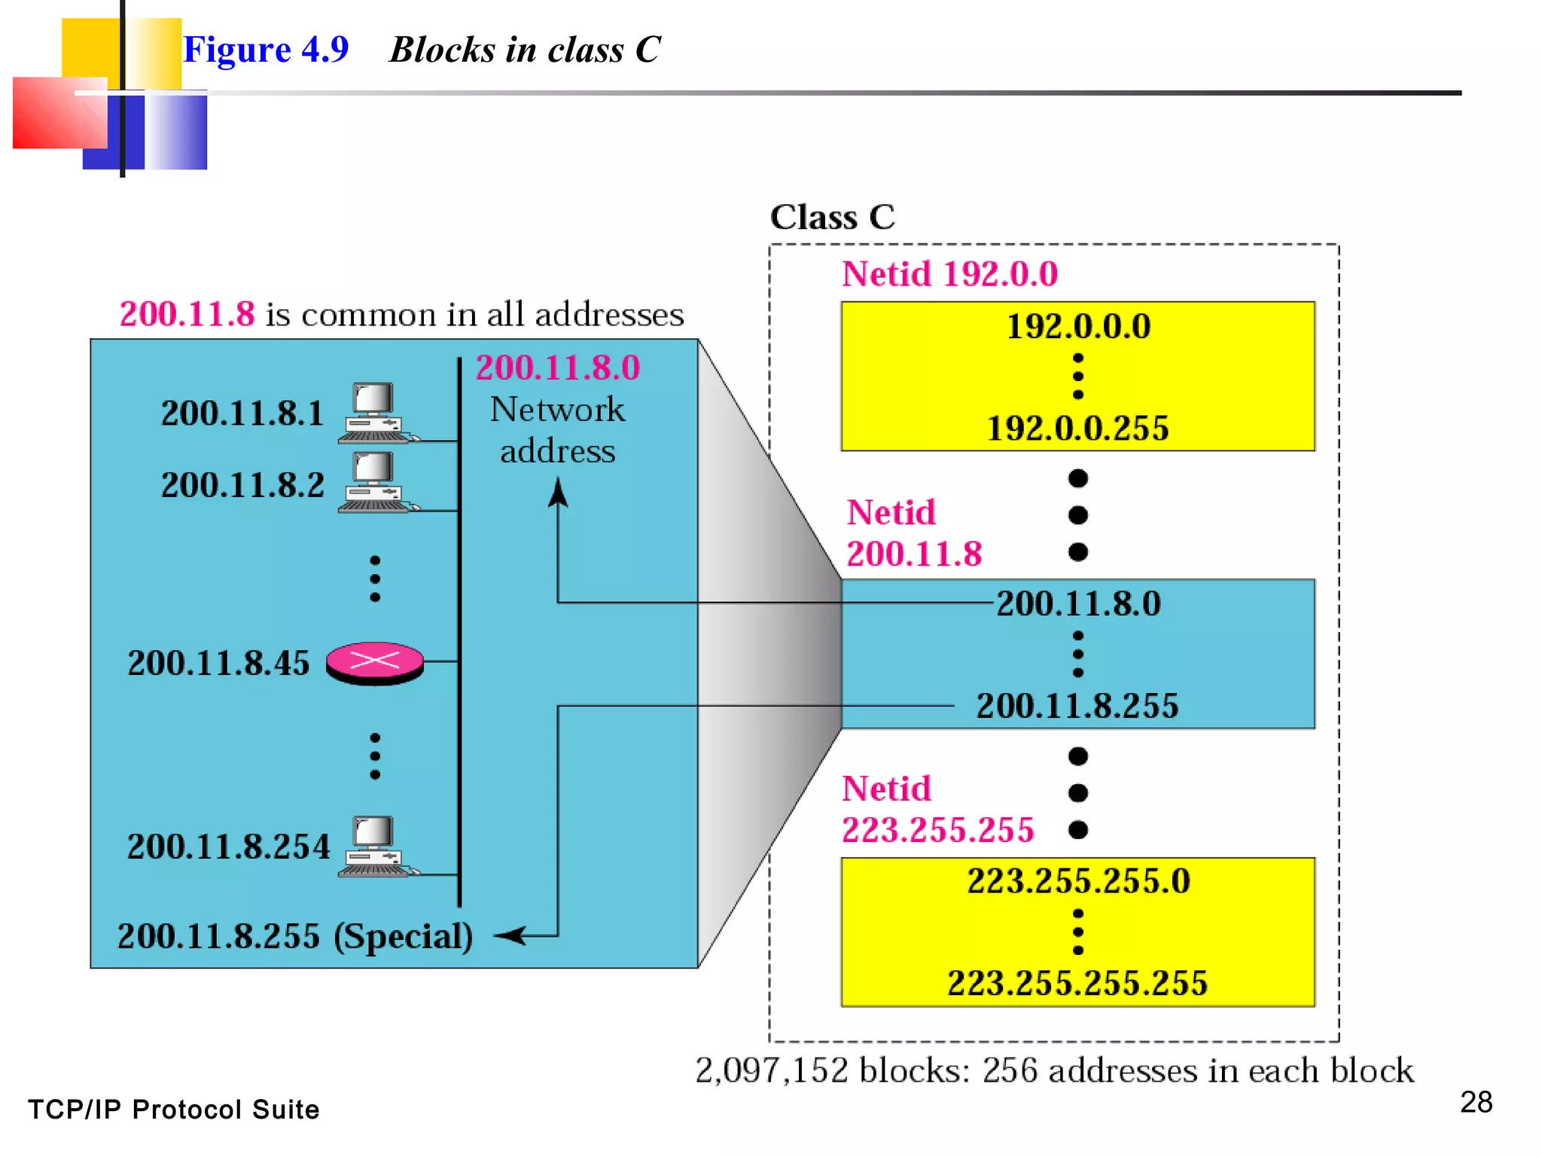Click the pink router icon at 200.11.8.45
point(374,663)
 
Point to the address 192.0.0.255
point(1077,429)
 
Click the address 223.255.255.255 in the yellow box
point(1077,983)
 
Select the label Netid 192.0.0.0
point(949,273)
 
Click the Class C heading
point(832,218)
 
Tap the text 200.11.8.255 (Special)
point(295,936)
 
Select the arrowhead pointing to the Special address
point(509,936)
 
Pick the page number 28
point(1476,1102)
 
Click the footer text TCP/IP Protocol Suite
point(174,1110)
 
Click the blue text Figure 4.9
point(266,50)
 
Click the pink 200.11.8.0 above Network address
point(558,368)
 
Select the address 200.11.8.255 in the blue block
point(1077,706)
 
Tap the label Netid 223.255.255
point(937,810)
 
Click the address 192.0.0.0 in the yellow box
point(1078,327)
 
